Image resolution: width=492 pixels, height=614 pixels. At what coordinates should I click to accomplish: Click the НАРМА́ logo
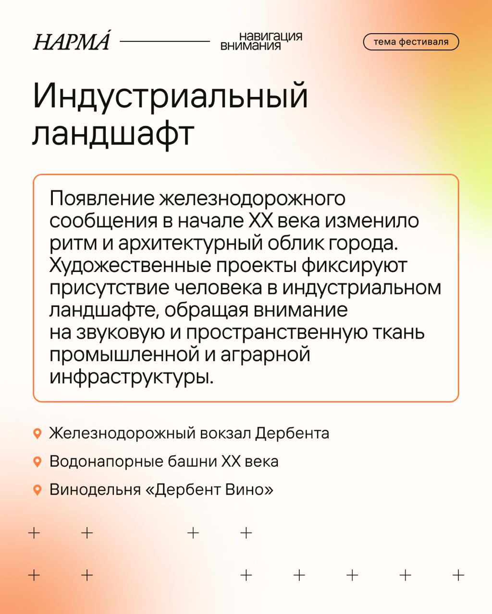point(72,40)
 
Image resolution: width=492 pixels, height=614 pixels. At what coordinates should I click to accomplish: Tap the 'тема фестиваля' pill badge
point(410,42)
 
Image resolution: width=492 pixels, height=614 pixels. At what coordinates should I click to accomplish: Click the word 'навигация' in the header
point(271,36)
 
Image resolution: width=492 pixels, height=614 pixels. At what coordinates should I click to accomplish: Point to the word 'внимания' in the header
point(250,46)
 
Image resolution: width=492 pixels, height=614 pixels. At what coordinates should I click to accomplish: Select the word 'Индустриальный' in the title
point(171,96)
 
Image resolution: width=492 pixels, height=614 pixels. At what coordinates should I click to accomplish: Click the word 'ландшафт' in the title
point(113,135)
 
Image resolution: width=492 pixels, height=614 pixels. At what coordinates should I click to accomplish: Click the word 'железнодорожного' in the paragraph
point(252,199)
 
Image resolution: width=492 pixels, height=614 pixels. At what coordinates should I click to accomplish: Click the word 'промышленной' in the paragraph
point(124,355)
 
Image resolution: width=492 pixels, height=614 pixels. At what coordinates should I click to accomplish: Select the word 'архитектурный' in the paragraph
point(190,244)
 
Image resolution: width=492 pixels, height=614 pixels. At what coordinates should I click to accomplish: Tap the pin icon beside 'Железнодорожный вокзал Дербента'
point(37,434)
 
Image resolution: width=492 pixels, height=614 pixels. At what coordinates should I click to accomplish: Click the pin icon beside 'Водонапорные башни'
point(37,461)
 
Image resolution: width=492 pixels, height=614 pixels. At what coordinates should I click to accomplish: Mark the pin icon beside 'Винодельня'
point(37,490)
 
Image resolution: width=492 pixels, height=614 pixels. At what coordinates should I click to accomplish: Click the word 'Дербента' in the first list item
point(292,434)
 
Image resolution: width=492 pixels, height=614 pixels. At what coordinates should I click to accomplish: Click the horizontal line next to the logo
point(165,41)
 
